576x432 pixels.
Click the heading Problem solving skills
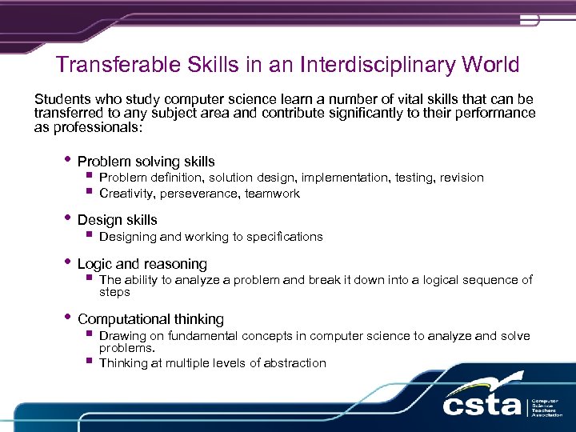[x=146, y=162]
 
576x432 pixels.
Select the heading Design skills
[x=117, y=220]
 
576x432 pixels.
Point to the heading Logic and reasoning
[x=142, y=264]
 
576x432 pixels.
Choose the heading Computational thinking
[x=150, y=319]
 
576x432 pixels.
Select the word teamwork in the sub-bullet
[x=272, y=194]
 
